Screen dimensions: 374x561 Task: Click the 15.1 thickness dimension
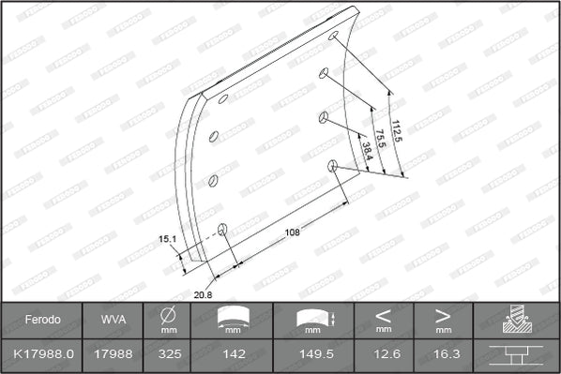pos(168,240)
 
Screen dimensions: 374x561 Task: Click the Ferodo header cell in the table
pos(41,320)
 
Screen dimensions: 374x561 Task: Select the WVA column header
pos(110,320)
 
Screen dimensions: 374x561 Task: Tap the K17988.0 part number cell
pos(41,355)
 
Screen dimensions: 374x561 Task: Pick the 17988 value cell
pos(110,355)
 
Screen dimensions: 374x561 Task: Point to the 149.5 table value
pos(313,355)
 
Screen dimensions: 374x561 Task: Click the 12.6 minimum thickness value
pos(384,355)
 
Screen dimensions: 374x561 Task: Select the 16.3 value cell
pos(443,355)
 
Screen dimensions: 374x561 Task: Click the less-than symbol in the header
pos(384,315)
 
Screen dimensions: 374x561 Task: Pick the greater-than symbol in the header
pos(443,315)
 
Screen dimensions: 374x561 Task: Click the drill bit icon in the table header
pos(516,319)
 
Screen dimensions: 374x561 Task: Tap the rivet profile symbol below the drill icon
pos(516,355)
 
